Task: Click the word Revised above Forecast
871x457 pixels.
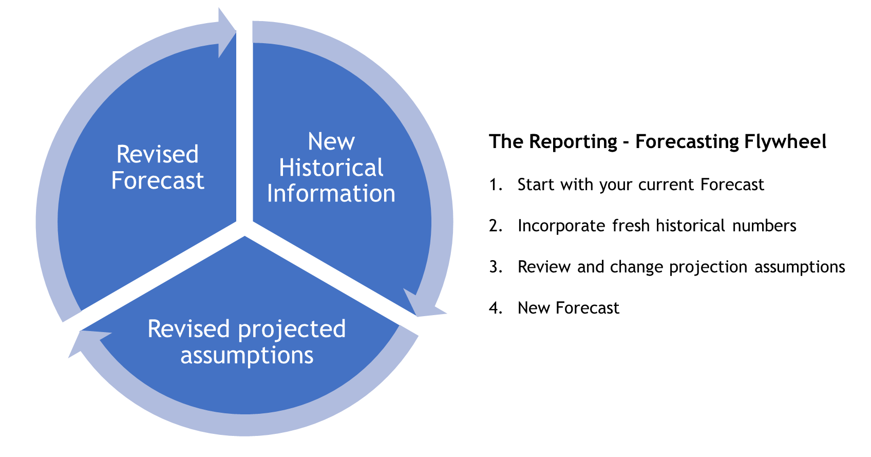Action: (157, 154)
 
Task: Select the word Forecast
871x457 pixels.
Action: (158, 180)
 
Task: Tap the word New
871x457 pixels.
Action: (331, 141)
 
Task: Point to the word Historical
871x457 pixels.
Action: (331, 168)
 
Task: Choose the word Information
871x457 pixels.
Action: (331, 194)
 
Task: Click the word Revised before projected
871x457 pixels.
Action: (188, 329)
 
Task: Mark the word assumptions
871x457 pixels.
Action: (247, 356)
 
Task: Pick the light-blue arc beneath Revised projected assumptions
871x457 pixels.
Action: (247, 425)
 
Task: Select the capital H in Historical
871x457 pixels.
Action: (286, 168)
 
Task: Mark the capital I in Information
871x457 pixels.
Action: (270, 194)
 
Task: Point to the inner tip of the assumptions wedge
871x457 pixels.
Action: (245, 237)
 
